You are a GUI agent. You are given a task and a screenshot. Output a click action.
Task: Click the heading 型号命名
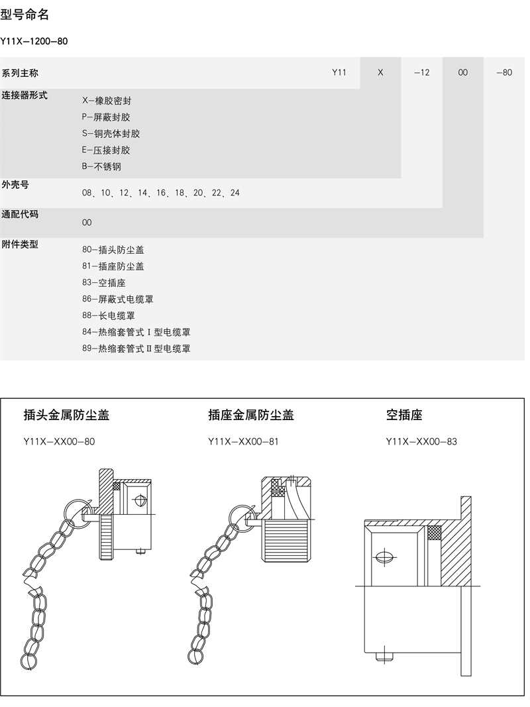point(25,15)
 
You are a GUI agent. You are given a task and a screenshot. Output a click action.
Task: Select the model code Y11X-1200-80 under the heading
point(34,41)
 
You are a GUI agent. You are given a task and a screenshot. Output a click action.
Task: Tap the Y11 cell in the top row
point(339,73)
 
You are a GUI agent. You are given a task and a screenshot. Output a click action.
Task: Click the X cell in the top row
point(380,73)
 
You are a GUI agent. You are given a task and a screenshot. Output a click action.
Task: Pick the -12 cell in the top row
point(421,73)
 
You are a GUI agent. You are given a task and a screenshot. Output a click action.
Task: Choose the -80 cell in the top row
point(504,73)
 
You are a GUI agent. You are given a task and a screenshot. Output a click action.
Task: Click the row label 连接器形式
point(25,95)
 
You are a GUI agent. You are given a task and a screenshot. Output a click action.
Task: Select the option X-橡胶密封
point(107,101)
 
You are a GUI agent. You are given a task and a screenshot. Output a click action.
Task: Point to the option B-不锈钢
point(102,166)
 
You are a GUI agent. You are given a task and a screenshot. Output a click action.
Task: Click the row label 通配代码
point(20,214)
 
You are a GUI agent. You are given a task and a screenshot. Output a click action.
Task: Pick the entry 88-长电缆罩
point(109,315)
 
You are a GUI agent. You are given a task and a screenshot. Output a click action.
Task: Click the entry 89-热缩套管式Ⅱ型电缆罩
point(136,349)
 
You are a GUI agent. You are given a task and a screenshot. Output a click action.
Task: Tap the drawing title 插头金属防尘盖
point(66,415)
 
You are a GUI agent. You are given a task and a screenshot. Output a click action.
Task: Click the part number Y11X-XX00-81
point(243,441)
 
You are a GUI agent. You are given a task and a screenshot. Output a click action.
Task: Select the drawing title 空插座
point(404,415)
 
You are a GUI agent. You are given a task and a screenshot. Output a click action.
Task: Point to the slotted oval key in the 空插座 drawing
point(384,558)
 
